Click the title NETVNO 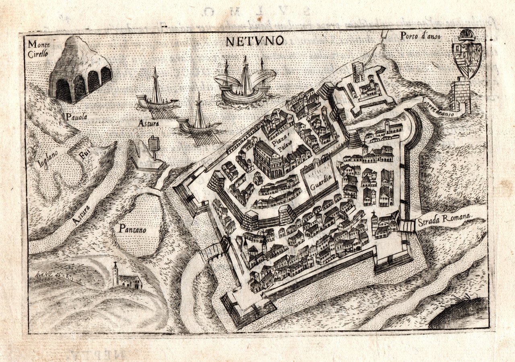[255, 41]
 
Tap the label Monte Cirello [39, 48]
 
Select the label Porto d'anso [420, 36]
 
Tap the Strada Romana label [444, 219]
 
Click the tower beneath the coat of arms [461, 96]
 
